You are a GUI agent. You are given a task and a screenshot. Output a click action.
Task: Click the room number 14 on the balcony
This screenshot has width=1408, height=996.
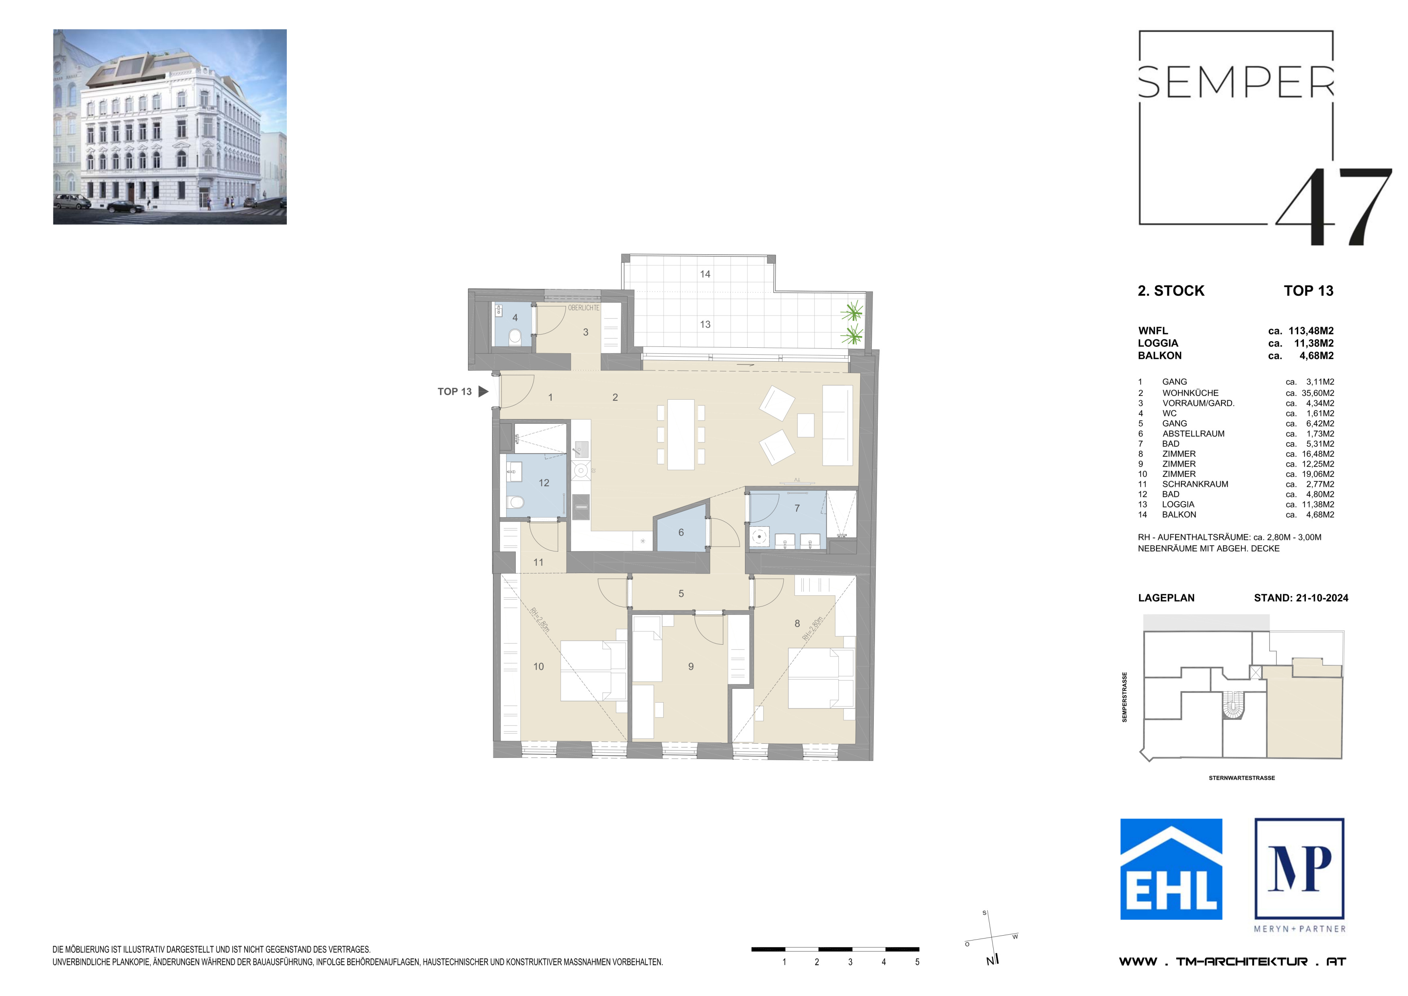coord(705,274)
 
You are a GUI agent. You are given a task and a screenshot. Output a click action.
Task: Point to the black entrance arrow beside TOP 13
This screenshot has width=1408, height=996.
coord(483,391)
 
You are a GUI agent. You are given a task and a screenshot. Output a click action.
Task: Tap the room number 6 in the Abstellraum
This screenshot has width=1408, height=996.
coord(681,532)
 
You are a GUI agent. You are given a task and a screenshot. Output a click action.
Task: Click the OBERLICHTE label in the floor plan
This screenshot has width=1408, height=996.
coord(583,308)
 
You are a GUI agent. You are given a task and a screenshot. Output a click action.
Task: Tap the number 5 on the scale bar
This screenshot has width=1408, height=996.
coord(917,962)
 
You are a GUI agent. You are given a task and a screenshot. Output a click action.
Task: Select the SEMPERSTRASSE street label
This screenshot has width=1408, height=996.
coord(1124,697)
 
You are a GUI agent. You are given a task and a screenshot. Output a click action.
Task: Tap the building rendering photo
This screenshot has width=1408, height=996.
coord(170,127)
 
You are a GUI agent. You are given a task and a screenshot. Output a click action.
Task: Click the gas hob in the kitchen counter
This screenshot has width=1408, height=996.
coord(581,471)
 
